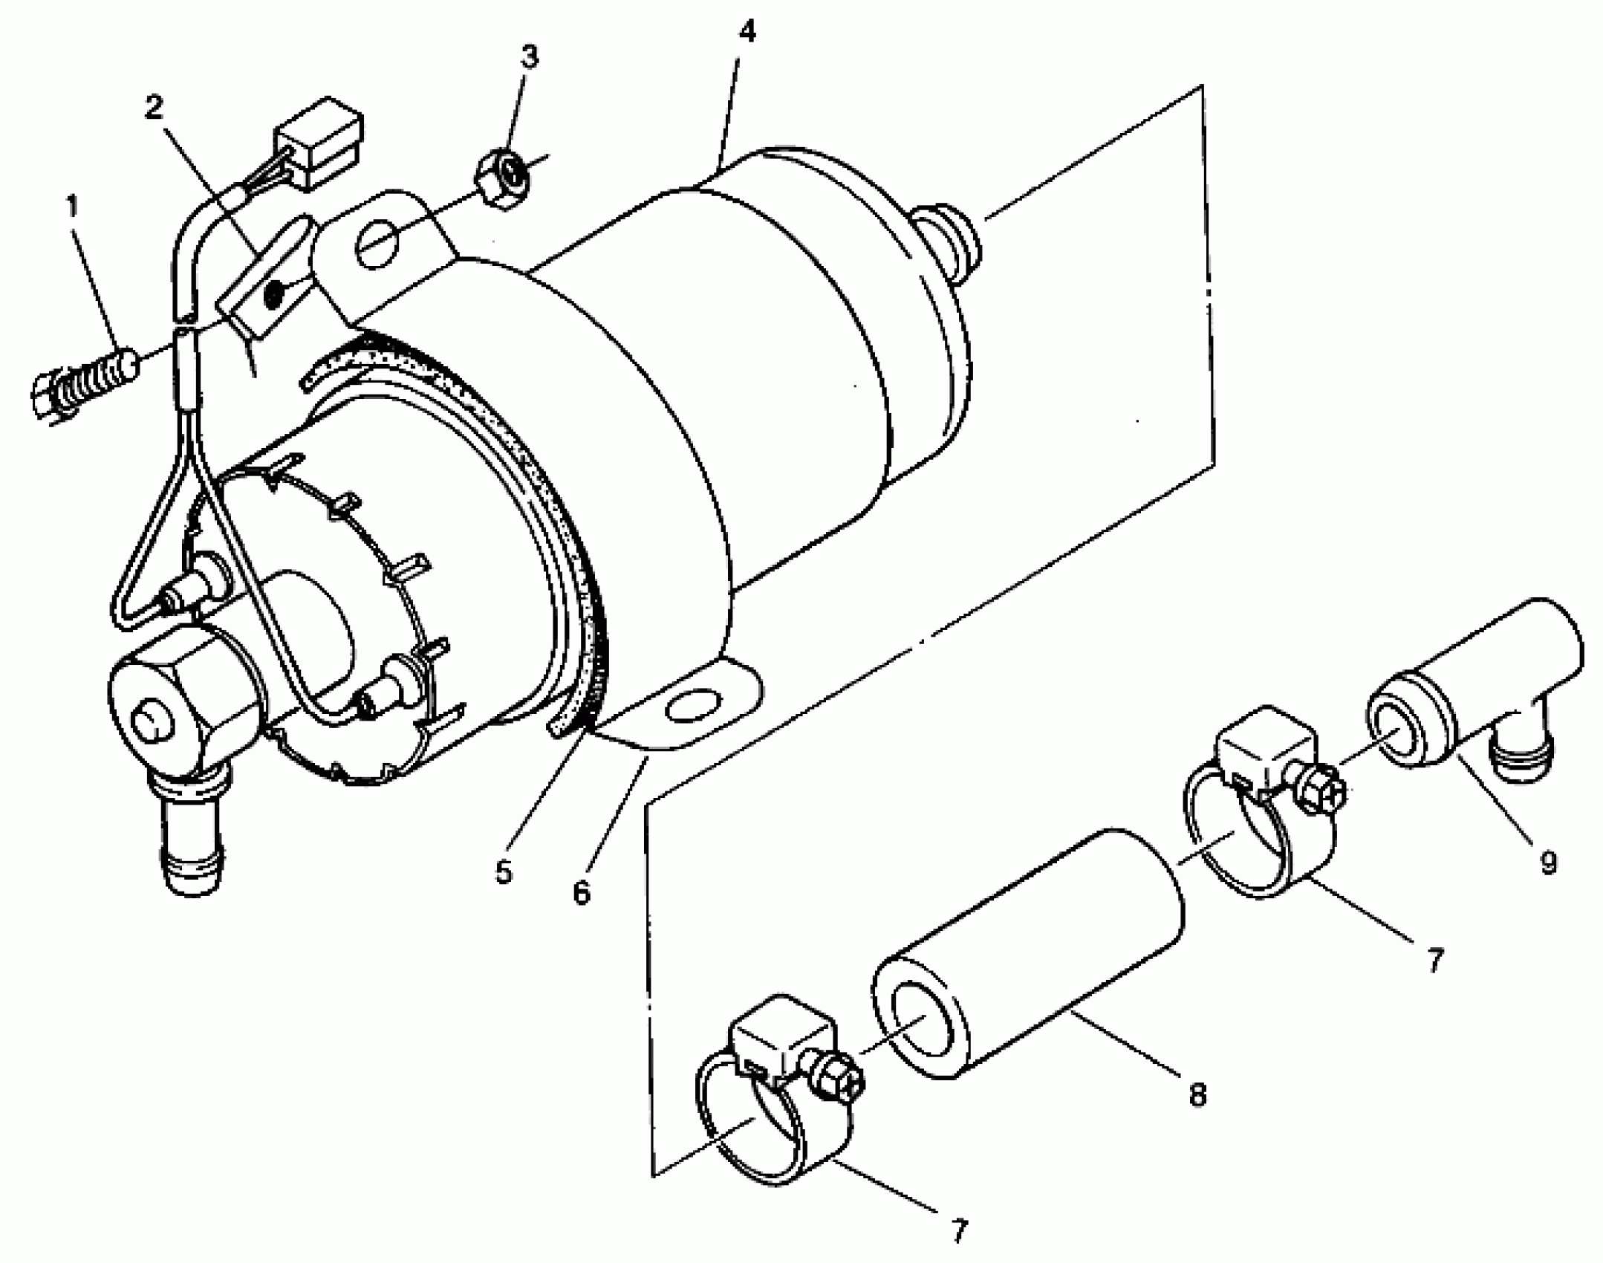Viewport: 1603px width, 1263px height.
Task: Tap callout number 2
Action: coord(154,108)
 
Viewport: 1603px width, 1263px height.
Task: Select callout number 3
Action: coord(528,56)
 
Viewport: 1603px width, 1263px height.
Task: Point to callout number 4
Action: coord(747,32)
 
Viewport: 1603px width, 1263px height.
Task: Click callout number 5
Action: coord(504,871)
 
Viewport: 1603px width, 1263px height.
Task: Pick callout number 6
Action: coord(582,892)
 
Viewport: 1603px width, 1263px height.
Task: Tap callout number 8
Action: coord(1197,1094)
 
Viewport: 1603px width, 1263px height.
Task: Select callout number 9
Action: coord(1548,863)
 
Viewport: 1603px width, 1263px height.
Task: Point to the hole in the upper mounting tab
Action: coord(377,243)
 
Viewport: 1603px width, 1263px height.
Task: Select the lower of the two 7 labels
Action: coord(959,1231)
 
